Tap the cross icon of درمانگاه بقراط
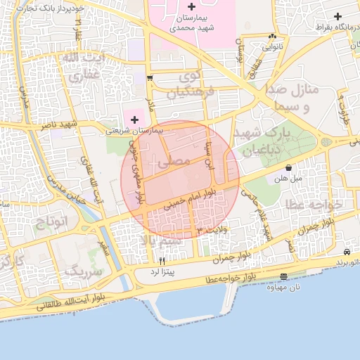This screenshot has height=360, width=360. coord(338,16)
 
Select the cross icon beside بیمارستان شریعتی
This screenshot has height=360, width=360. coord(135,120)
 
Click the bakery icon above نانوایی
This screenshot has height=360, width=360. coord(273,37)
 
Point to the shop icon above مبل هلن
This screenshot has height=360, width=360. coord(290,168)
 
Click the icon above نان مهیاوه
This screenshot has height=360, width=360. coord(283,277)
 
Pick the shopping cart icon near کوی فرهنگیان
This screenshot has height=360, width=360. coord(150,78)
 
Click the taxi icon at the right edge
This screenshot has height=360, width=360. coord(347,252)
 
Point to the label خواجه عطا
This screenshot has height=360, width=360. coord(313,204)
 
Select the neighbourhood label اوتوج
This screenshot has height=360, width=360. coord(50,222)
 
